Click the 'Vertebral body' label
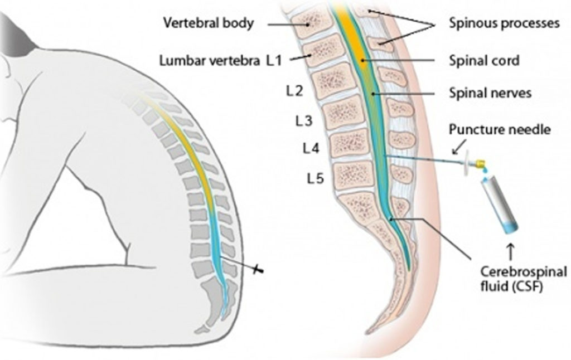pyautogui.click(x=208, y=23)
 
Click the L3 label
pyautogui.click(x=303, y=120)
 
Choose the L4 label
pyautogui.click(x=311, y=149)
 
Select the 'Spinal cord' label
pyautogui.click(x=483, y=60)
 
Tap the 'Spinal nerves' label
pyautogui.click(x=490, y=93)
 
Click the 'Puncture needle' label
pyautogui.click(x=500, y=130)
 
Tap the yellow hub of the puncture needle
pyautogui.click(x=480, y=164)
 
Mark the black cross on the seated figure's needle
pyautogui.click(x=258, y=270)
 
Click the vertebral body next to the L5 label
pyautogui.click(x=355, y=176)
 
